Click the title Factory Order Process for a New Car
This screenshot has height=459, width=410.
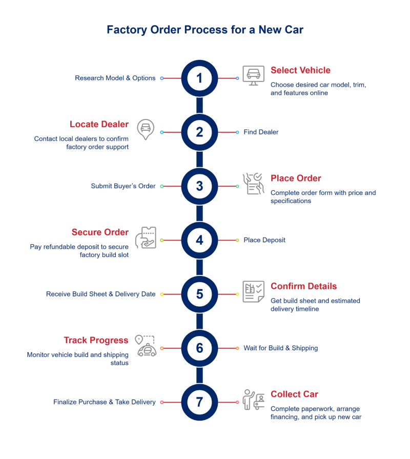pyautogui.click(x=205, y=30)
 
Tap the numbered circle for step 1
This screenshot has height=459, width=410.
pyautogui.click(x=199, y=78)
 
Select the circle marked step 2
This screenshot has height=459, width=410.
pyautogui.click(x=199, y=132)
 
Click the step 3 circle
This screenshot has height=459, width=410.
pyautogui.click(x=199, y=186)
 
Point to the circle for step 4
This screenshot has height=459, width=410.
pyautogui.click(x=199, y=240)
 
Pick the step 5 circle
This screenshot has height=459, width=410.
pyautogui.click(x=199, y=294)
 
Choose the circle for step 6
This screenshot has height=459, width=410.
pyautogui.click(x=199, y=348)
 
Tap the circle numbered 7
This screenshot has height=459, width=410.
pyautogui.click(x=199, y=403)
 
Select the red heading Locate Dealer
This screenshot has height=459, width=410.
pyautogui.click(x=99, y=124)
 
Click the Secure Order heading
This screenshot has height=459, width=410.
pyautogui.click(x=100, y=232)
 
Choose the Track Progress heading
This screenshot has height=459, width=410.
pyautogui.click(x=96, y=340)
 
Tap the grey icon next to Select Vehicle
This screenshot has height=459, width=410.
pyautogui.click(x=251, y=73)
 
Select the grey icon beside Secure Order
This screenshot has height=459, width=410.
pyautogui.click(x=146, y=237)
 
